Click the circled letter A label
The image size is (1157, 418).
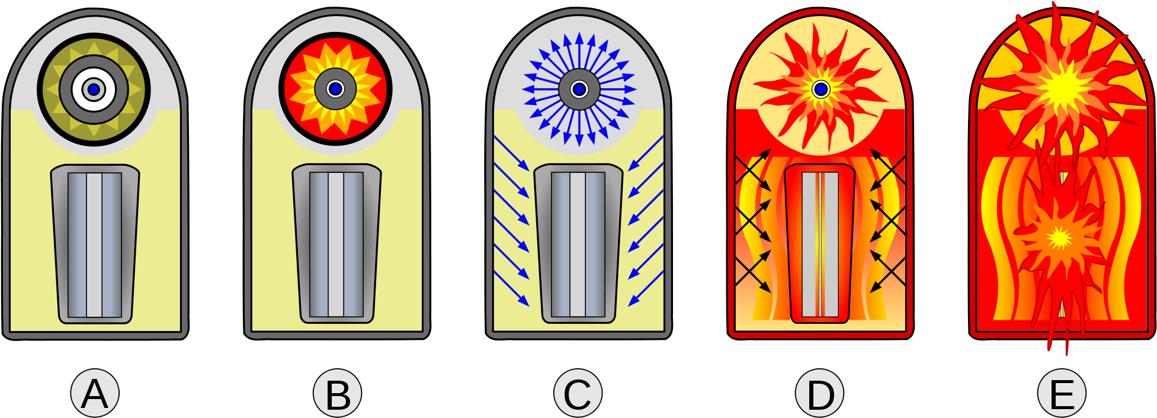point(95,393)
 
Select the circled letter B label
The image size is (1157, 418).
point(337,393)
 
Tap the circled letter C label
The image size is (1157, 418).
point(578,393)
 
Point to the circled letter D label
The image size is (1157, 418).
point(819,393)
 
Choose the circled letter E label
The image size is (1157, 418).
point(1062,393)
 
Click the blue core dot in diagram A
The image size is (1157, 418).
point(94,89)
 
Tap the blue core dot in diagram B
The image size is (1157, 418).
point(335,89)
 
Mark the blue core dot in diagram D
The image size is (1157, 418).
point(821,89)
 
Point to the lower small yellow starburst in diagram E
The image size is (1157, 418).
point(1059,238)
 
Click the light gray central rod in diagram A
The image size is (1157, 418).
point(94,245)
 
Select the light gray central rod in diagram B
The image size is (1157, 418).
point(336,245)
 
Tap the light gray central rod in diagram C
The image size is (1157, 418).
point(578,245)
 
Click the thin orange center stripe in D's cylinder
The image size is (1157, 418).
point(820,245)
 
